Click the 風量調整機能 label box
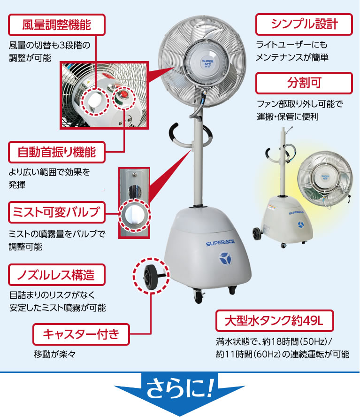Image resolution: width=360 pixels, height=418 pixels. pyautogui.click(x=57, y=24)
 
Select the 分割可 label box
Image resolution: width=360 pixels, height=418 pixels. pyautogui.click(x=304, y=83)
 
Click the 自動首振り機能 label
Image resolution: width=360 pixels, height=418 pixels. pyautogui.click(x=57, y=152)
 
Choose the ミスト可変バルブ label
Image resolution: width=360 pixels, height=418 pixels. pyautogui.click(x=57, y=212)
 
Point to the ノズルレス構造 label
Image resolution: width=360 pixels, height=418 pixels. pyautogui.click(x=57, y=275)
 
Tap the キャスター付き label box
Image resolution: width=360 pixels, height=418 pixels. pyautogui.click(x=81, y=334)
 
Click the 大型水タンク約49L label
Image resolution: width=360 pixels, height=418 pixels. pyautogui.click(x=274, y=321)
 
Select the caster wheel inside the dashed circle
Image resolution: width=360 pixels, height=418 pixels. pyautogui.click(x=152, y=277)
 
